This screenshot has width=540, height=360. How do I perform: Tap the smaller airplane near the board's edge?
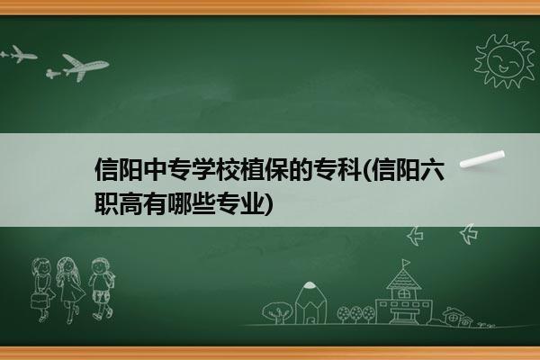pos(19,54)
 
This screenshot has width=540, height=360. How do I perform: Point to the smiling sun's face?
pos(505,61)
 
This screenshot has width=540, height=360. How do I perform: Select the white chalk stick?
pos(481,159)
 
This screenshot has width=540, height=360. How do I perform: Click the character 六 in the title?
pos(432,169)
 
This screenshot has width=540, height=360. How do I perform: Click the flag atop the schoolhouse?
pos(407,263)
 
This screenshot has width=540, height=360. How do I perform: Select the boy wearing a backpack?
pos(102,289)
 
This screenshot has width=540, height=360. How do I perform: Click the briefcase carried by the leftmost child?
pos(38,301)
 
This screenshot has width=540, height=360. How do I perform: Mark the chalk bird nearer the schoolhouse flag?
pos(415,236)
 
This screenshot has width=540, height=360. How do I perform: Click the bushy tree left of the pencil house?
pos(277,312)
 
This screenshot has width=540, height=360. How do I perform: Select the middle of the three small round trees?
pos(355,314)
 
